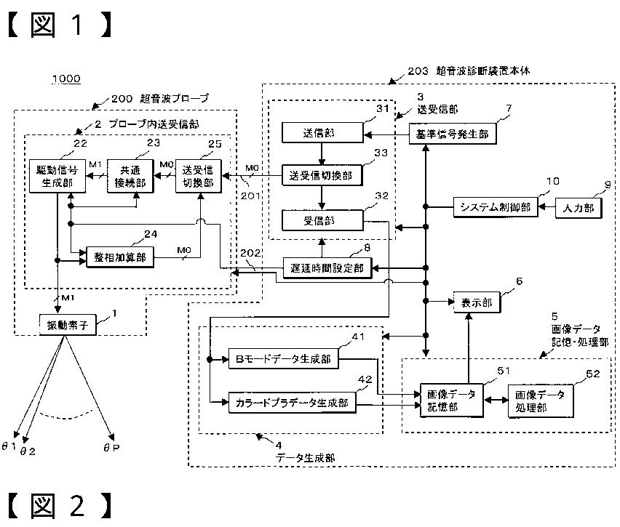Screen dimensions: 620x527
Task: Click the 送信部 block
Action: tap(322, 133)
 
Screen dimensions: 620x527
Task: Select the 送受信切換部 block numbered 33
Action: tap(322, 175)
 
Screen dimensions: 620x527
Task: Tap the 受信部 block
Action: tap(322, 220)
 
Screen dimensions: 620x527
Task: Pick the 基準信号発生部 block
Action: tap(453, 134)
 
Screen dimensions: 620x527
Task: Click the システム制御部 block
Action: tap(496, 207)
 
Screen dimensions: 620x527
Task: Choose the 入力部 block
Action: tap(579, 208)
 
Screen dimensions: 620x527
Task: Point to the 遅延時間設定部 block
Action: tap(327, 268)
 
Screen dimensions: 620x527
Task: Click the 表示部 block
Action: tap(477, 302)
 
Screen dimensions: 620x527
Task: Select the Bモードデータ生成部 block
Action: tap(284, 358)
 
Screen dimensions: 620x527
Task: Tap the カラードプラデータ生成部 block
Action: tap(293, 403)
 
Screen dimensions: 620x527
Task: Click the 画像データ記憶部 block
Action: tap(452, 401)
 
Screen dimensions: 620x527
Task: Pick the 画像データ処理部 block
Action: tap(541, 401)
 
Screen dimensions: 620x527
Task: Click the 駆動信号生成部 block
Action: tap(57, 176)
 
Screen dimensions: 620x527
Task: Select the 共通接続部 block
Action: tap(130, 176)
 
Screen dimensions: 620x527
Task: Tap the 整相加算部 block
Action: tap(120, 257)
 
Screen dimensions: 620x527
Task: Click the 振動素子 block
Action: tap(68, 325)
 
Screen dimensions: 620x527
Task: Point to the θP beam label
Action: tap(111, 448)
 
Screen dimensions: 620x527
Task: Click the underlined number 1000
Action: tap(66, 79)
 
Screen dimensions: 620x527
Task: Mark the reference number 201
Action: tap(250, 196)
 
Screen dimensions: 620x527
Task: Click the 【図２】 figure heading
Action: tap(60, 506)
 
